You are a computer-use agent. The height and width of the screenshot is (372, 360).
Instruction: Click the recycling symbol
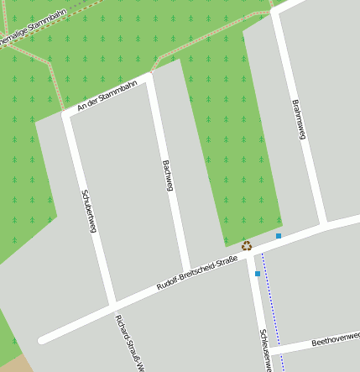[x=247, y=245]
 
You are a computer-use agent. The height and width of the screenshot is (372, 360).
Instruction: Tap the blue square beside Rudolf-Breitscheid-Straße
[x=279, y=236]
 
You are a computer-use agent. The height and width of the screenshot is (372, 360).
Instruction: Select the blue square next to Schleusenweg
[x=258, y=274]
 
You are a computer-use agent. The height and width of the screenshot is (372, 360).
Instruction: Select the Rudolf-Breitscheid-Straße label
[x=197, y=275]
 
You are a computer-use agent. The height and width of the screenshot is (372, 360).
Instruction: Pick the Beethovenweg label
[x=335, y=340]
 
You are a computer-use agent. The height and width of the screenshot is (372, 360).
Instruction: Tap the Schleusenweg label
[x=264, y=349]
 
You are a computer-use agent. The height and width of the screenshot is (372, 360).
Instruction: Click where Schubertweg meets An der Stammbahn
[x=67, y=115]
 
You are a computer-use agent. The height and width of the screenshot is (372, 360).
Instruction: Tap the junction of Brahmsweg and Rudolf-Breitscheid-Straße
[x=322, y=225]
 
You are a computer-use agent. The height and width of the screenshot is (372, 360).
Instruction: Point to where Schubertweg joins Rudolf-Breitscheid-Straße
[x=112, y=301]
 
